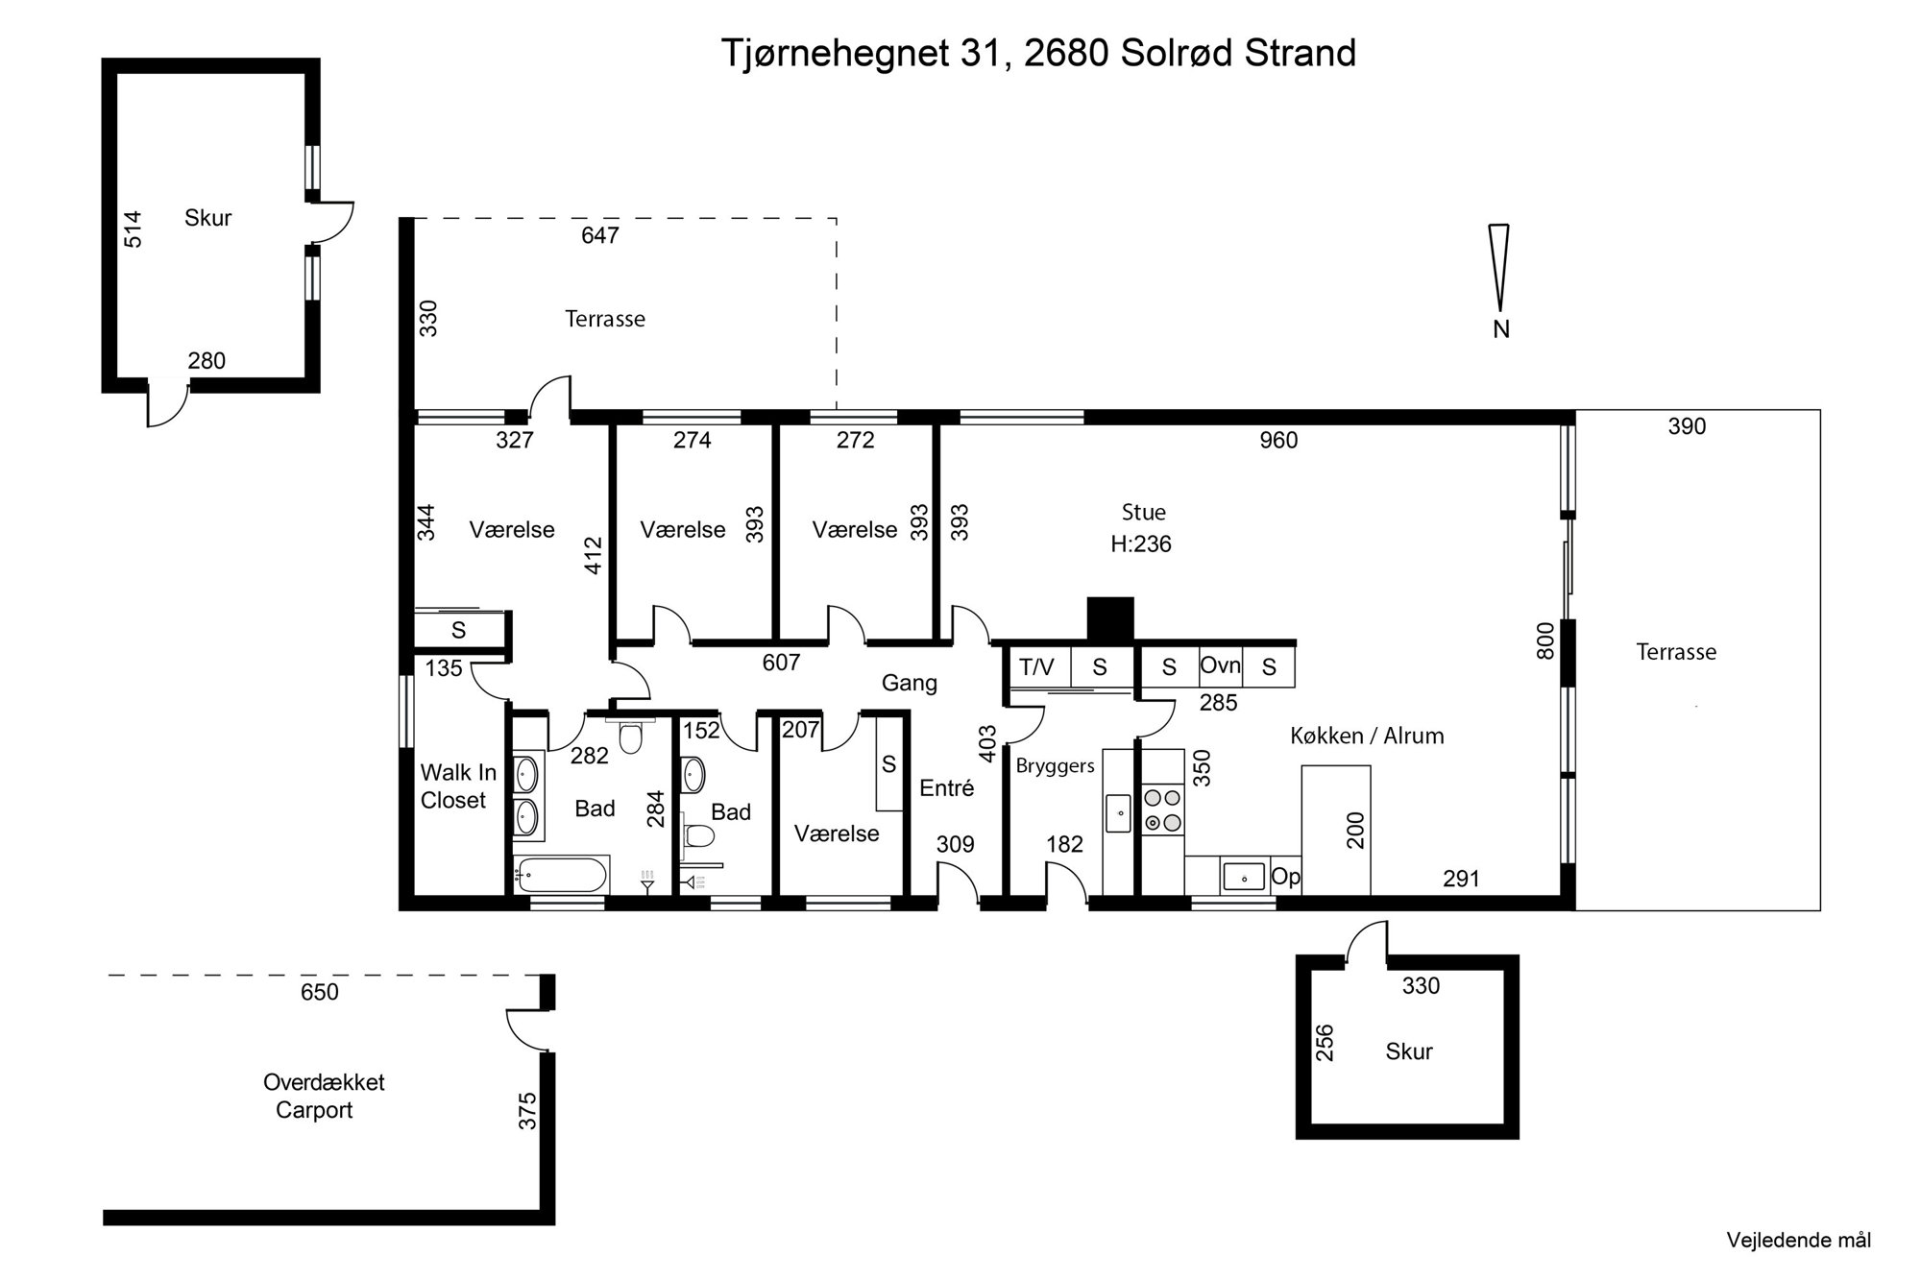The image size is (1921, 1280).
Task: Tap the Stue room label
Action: click(1143, 512)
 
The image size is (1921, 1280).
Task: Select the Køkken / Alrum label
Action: click(1367, 736)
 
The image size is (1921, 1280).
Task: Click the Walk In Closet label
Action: click(458, 785)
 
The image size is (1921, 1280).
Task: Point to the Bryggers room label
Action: click(1056, 766)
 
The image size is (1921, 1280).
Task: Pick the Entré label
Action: click(946, 787)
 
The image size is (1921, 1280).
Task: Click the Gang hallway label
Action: click(909, 683)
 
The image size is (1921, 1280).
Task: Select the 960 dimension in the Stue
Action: click(1277, 440)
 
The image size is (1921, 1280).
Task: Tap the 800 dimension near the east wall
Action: click(1544, 640)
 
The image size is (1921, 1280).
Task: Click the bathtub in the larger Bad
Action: click(560, 875)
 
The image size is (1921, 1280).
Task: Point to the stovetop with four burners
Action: click(1162, 809)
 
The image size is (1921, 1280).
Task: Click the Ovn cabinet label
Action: click(1220, 665)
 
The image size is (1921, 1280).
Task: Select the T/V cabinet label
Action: click(1036, 666)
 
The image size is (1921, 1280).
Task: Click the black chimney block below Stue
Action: click(1110, 619)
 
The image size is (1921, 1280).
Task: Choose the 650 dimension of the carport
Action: click(319, 992)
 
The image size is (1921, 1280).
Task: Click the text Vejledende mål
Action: click(1798, 1240)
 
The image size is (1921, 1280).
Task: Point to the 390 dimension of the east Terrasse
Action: click(1686, 426)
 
